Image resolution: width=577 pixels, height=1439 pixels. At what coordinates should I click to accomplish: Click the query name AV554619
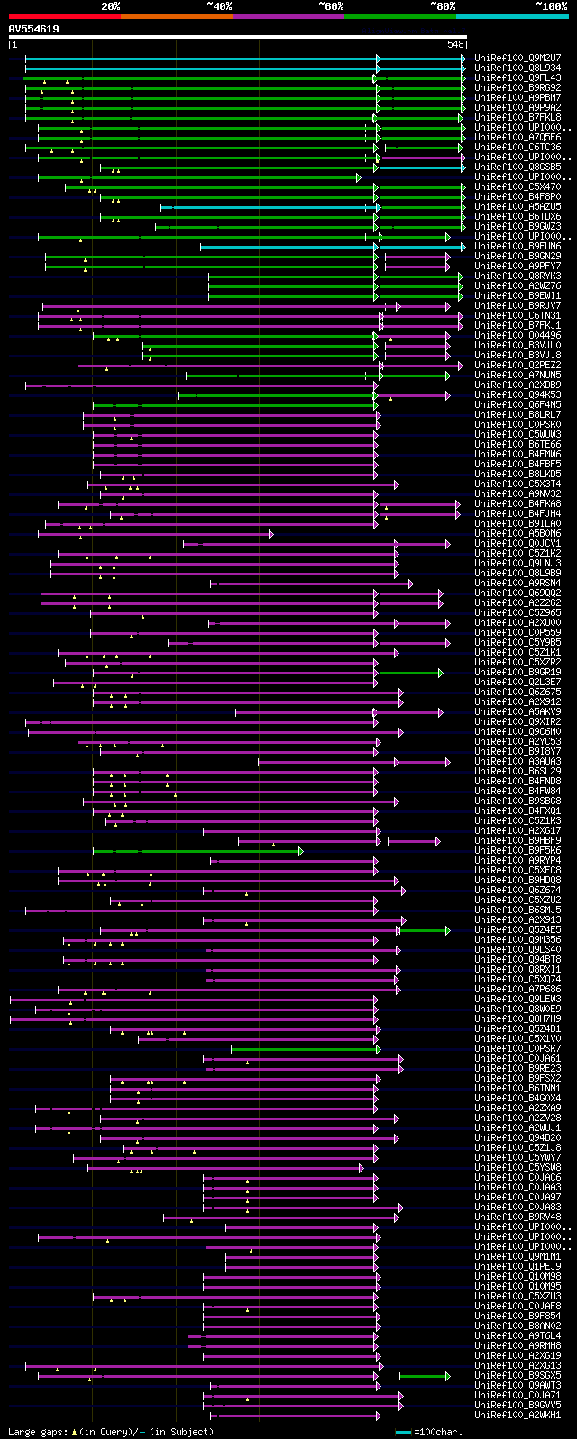click(34, 30)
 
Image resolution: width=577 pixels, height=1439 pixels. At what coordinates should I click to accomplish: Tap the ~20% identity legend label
click(110, 6)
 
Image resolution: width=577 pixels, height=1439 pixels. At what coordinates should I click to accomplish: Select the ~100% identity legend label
click(551, 6)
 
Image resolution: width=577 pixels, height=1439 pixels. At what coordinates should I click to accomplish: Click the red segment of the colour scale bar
click(64, 16)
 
